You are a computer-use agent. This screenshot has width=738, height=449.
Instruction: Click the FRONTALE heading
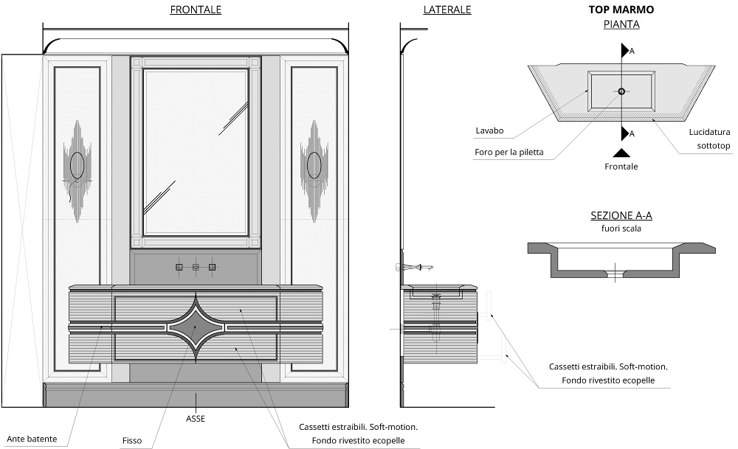[x=196, y=10]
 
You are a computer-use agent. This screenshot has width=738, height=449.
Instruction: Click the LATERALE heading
[x=447, y=10]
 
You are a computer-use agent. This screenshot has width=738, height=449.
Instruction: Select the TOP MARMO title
[x=621, y=10]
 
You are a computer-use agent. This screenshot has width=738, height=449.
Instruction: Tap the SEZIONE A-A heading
[x=621, y=215]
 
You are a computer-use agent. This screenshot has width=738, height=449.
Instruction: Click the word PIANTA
[x=621, y=24]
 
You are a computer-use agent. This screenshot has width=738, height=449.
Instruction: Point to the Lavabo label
[x=489, y=130]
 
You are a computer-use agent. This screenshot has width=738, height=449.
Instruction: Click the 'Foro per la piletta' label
[x=509, y=152]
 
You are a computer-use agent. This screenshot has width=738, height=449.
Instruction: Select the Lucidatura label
[x=709, y=131]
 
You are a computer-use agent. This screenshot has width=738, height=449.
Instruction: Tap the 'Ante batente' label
[x=32, y=439]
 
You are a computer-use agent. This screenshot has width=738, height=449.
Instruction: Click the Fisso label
[x=132, y=441]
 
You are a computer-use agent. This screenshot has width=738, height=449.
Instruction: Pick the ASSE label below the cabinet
[x=196, y=418]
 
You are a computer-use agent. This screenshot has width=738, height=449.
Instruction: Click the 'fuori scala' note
[x=621, y=229]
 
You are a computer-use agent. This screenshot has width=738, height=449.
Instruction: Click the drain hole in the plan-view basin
[x=621, y=91]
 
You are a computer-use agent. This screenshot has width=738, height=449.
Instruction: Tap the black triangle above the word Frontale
[x=621, y=153]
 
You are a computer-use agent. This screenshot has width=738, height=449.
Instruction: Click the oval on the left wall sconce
[x=77, y=165]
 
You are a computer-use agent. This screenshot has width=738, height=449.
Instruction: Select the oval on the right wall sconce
[x=314, y=164]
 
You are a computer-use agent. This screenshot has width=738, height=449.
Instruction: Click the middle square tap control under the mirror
[x=196, y=268]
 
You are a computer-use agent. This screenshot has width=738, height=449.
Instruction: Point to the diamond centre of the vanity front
[x=196, y=324]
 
